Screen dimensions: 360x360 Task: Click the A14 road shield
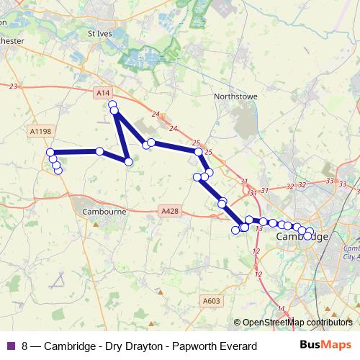pos(103,93)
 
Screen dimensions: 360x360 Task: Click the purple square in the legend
pos(9,346)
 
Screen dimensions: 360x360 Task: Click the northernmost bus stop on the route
pos(112,106)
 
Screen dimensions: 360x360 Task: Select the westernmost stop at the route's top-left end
pos(50,153)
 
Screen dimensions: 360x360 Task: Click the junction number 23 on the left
pos(13,86)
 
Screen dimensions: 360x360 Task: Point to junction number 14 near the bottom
pos(281,309)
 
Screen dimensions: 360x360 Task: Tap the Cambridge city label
pos(302,237)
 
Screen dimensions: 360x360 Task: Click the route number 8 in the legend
pos(25,346)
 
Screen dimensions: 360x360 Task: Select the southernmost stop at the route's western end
pos(58,171)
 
